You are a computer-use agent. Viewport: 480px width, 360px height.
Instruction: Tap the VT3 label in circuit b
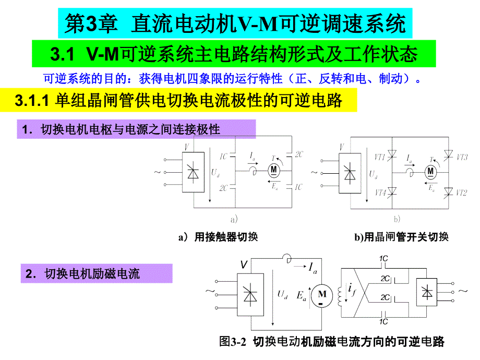click(x=461, y=156)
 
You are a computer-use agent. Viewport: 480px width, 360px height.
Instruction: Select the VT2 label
click(x=461, y=193)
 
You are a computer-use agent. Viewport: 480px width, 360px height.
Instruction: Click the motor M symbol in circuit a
click(x=274, y=170)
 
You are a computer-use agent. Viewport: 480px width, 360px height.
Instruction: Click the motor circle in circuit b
click(x=430, y=170)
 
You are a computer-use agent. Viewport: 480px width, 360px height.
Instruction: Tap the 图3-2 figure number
click(x=232, y=342)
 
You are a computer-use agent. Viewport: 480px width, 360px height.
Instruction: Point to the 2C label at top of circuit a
click(x=298, y=154)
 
